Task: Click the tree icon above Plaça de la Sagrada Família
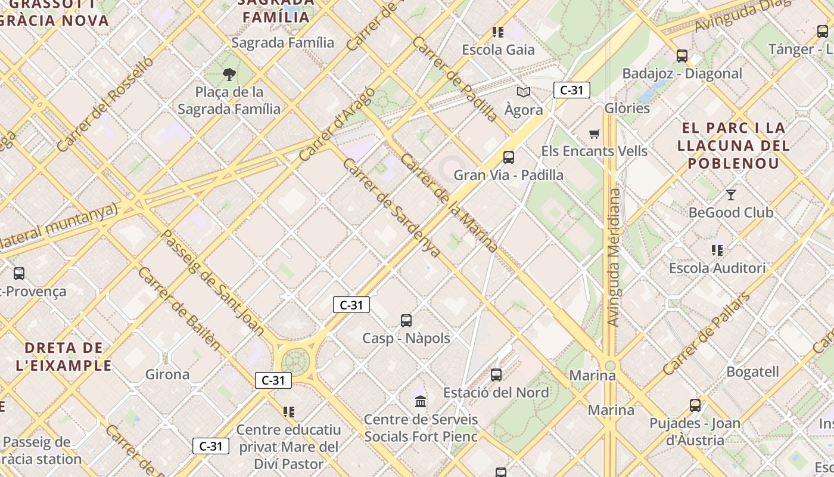[x=229, y=75]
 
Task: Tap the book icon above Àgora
[x=524, y=92]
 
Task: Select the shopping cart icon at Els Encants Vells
[x=594, y=134]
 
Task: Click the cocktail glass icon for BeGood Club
[x=731, y=194]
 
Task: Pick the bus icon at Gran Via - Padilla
[x=509, y=157]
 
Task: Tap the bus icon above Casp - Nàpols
[x=406, y=321]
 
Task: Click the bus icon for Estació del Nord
[x=496, y=375]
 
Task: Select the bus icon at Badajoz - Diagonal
[x=682, y=56]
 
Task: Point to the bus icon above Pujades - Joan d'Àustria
[x=695, y=405]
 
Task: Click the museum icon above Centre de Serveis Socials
[x=421, y=401]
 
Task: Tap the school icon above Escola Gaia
[x=498, y=32]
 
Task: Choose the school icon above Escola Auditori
[x=717, y=250]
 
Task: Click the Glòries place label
[x=627, y=108]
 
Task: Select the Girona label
[x=167, y=374]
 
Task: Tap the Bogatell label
[x=752, y=371]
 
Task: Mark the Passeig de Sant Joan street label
[x=213, y=281]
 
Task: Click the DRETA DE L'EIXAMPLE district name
[x=69, y=356]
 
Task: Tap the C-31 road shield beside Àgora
[x=572, y=90]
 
